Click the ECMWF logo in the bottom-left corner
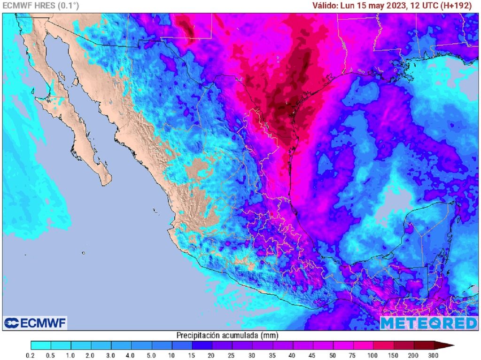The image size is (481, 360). click(x=35, y=323)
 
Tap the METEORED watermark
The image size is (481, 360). click(x=428, y=323)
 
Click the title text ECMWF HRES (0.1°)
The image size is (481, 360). click(x=41, y=6)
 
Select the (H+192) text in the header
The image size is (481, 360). click(x=456, y=6)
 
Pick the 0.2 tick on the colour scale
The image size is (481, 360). click(x=31, y=355)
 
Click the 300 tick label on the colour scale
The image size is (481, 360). click(x=434, y=355)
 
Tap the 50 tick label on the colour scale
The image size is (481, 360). click(x=333, y=355)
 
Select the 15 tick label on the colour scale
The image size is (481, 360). click(x=192, y=355)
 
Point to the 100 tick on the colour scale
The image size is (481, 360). click(x=373, y=355)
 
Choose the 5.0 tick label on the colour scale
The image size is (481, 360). click(x=152, y=355)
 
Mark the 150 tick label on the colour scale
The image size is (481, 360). click(x=394, y=355)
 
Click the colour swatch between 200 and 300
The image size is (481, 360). click(x=424, y=345)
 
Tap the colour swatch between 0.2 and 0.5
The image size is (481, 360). click(x=41, y=345)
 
